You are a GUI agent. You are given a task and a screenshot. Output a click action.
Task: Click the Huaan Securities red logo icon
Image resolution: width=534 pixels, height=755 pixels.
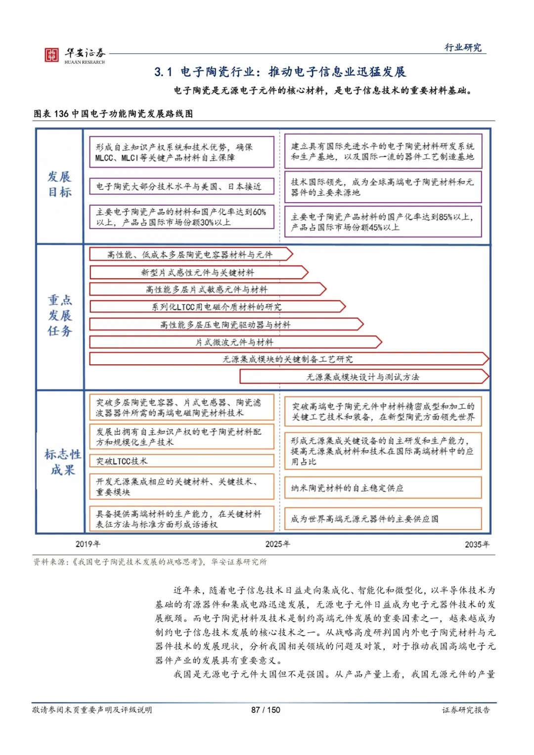pyautogui.click(x=51, y=55)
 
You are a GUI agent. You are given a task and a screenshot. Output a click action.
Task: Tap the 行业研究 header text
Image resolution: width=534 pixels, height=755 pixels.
pyautogui.click(x=463, y=47)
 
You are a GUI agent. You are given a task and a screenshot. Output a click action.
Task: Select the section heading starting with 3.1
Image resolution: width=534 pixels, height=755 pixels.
pyautogui.click(x=280, y=72)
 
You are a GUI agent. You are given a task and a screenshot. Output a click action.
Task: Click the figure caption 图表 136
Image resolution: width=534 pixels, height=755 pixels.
pyautogui.click(x=113, y=114)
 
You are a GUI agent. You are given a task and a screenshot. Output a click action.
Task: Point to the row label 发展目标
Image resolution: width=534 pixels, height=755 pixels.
pyautogui.click(x=59, y=184)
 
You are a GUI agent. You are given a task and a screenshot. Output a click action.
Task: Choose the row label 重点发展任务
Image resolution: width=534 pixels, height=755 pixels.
pyautogui.click(x=60, y=315)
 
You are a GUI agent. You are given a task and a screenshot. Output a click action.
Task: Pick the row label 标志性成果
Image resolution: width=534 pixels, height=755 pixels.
pyautogui.click(x=62, y=462)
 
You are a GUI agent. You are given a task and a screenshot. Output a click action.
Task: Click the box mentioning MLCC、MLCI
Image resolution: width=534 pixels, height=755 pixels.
pyautogui.click(x=181, y=152)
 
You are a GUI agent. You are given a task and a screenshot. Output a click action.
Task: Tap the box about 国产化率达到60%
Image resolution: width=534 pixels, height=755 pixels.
pyautogui.click(x=181, y=217)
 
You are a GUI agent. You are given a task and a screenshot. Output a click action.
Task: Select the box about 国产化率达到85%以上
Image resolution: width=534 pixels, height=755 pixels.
pyautogui.click(x=383, y=222)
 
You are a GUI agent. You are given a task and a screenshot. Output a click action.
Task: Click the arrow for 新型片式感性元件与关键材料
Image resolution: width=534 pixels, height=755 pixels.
pyautogui.click(x=198, y=272)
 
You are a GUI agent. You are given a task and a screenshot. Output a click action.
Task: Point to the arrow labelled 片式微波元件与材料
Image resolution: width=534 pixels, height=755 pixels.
pyautogui.click(x=235, y=342)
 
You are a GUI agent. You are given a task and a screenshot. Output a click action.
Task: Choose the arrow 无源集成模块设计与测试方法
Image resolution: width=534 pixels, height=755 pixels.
pyautogui.click(x=363, y=377)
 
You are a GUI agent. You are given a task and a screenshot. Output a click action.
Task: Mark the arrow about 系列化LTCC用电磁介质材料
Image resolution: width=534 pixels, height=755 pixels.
pyautogui.click(x=217, y=307)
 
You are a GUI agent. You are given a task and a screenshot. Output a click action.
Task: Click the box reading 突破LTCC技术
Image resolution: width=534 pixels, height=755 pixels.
pyautogui.click(x=181, y=461)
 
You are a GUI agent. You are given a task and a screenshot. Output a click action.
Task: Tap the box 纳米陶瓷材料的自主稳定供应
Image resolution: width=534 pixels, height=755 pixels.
pyautogui.click(x=383, y=488)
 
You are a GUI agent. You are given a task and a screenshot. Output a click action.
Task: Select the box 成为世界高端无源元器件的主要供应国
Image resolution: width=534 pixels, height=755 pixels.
pyautogui.click(x=383, y=519)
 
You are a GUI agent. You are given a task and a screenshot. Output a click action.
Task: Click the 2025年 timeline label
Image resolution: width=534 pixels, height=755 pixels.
pyautogui.click(x=277, y=544)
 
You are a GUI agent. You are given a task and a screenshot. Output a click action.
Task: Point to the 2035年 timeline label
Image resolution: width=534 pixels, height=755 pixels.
pyautogui.click(x=477, y=544)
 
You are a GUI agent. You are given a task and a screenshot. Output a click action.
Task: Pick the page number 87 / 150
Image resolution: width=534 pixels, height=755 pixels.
pyautogui.click(x=266, y=710)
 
